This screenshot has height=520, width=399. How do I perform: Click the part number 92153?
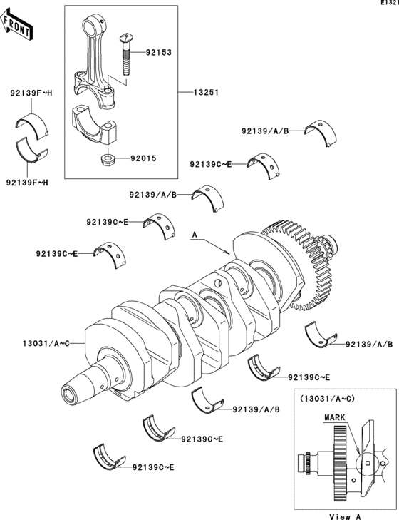(160, 52)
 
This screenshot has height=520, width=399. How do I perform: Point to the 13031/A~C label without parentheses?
(39, 343)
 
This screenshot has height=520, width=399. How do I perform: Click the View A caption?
(344, 514)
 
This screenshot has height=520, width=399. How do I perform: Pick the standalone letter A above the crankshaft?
(193, 234)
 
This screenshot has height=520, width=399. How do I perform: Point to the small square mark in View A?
(366, 463)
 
